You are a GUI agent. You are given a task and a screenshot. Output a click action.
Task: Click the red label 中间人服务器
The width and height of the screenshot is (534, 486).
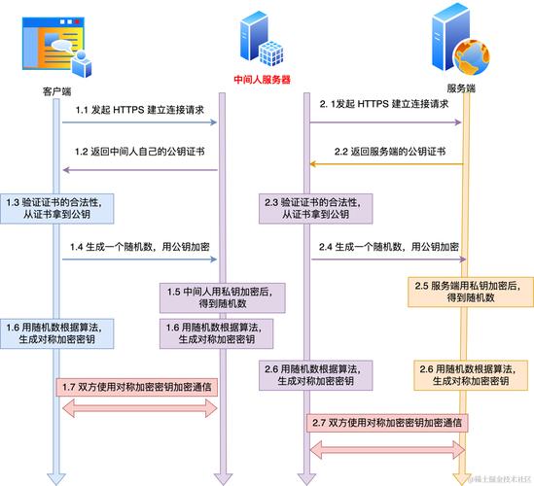262,80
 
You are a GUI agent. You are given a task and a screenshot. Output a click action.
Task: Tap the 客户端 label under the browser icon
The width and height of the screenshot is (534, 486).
56,91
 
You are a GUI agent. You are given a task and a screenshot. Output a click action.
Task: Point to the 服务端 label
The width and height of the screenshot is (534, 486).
461,88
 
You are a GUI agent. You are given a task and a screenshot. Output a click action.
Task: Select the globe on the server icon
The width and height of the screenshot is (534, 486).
472,57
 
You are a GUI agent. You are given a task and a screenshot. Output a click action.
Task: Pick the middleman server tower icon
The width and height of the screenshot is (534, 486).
262,38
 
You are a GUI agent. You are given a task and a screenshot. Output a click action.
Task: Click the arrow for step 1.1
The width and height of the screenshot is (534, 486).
139,122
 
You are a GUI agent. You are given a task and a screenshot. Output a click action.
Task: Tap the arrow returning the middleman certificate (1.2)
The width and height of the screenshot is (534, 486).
140,170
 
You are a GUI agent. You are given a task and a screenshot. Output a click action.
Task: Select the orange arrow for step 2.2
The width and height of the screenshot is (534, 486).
386,164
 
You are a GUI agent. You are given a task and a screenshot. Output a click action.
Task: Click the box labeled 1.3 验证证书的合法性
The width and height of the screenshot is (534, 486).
56,209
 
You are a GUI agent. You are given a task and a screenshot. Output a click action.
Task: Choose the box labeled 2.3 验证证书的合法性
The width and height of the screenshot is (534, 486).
315,209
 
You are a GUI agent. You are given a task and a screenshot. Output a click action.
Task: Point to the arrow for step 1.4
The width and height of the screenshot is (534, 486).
139,260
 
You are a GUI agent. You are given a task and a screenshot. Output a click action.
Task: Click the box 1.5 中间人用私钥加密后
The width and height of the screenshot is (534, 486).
223,297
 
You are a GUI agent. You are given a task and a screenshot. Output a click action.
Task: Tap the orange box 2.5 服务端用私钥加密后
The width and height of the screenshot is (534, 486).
471,292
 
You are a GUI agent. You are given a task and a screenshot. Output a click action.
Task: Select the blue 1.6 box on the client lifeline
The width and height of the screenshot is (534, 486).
56,333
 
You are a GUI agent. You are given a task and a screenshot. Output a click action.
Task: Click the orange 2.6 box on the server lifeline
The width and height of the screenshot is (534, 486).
471,375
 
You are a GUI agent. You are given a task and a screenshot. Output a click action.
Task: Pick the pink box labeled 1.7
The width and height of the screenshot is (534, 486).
136,387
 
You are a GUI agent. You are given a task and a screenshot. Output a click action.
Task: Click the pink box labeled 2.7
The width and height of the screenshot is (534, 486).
387,423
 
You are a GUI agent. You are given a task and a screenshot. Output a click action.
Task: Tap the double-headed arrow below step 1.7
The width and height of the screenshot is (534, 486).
140,408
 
